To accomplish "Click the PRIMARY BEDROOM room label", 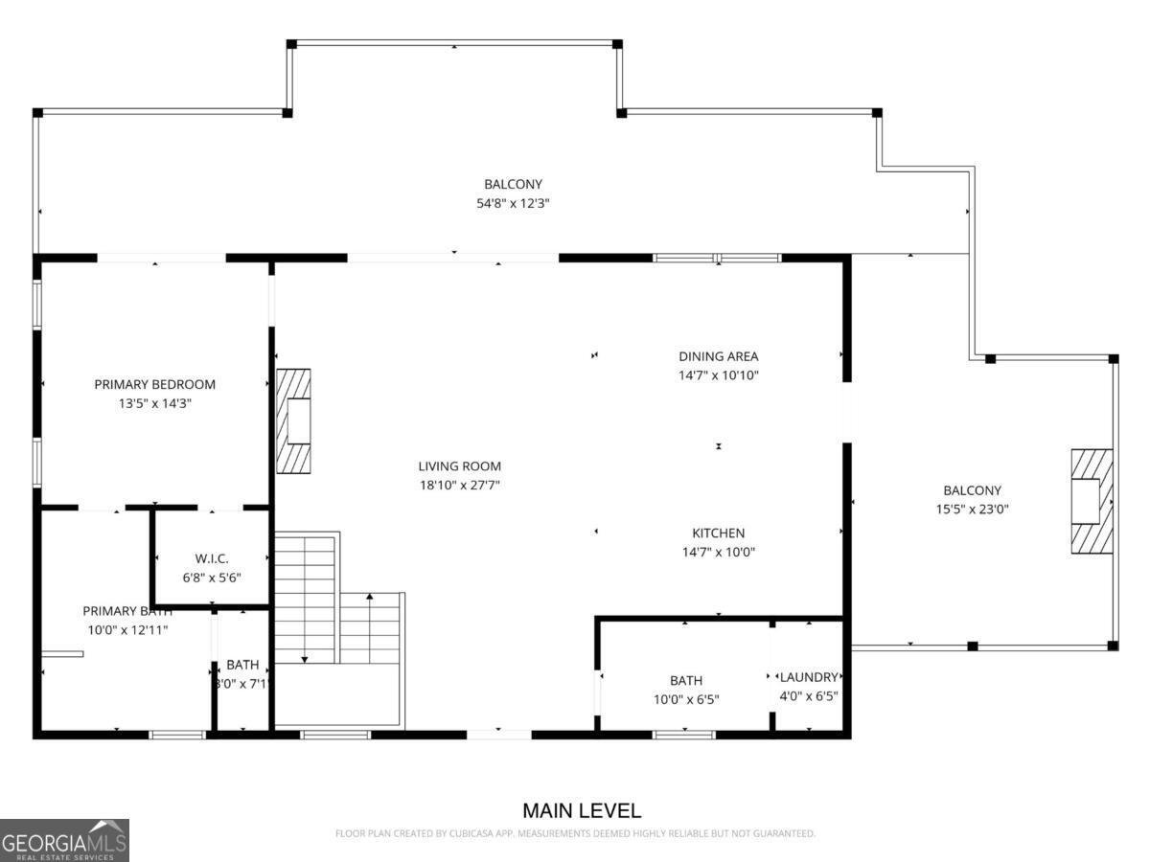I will (154, 384).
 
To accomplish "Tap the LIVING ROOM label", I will (459, 466).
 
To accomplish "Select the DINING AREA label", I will (718, 356).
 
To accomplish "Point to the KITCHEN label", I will (718, 533).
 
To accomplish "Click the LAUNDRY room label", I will (808, 677).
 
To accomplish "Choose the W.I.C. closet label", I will (212, 558).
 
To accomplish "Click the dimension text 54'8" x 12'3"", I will (513, 203).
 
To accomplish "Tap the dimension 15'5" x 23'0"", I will (972, 510).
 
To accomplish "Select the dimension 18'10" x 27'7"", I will (459, 486).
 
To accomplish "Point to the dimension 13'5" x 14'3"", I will (154, 404).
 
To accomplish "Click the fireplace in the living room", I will (294, 421).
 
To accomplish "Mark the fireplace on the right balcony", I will (1091, 501).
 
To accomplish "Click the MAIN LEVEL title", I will (582, 811).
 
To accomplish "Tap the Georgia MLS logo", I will (64, 840).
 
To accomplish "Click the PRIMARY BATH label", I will (126, 611).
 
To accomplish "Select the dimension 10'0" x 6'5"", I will (685, 699).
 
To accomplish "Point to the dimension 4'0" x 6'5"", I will (808, 696).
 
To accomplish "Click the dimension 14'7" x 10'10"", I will (718, 375).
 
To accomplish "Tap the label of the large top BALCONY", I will (513, 184).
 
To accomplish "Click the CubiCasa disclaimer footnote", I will (575, 833).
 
